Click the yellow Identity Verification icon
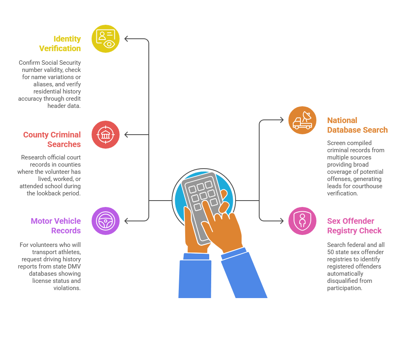click(106, 39)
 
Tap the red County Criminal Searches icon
click(106, 135)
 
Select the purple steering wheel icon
click(106, 221)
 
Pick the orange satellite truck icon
click(302, 120)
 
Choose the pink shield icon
click(302, 221)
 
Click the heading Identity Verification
click(60, 44)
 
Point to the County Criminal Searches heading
click(52, 139)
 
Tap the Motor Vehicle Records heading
click(56, 226)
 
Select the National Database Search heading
click(357, 125)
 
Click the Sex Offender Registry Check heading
click(354, 226)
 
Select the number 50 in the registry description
click(332, 252)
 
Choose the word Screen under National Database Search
click(336, 143)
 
